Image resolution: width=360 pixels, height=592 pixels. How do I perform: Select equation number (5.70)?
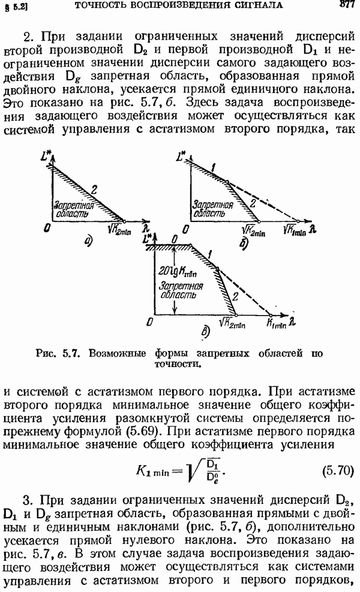(338, 471)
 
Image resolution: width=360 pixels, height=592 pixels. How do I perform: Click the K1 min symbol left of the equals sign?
(152, 471)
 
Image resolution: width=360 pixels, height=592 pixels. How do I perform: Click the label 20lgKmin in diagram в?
(177, 272)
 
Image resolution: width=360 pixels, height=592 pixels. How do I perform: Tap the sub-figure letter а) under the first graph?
(89, 241)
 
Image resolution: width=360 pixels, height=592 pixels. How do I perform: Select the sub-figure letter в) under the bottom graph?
(205, 332)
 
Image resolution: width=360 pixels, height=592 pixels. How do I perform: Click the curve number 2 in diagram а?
(94, 189)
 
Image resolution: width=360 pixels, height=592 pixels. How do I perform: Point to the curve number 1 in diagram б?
(213, 167)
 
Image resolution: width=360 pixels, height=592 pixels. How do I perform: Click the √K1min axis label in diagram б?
(295, 230)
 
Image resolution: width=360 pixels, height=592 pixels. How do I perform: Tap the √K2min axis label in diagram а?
(119, 230)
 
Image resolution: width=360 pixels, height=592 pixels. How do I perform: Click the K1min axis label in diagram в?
(277, 323)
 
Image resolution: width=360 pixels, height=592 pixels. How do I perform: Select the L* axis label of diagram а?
(46, 156)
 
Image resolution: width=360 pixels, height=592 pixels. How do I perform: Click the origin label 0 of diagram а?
(47, 228)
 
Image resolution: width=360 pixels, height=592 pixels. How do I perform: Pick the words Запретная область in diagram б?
(212, 209)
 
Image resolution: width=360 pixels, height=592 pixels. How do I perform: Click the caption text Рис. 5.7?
(58, 353)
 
